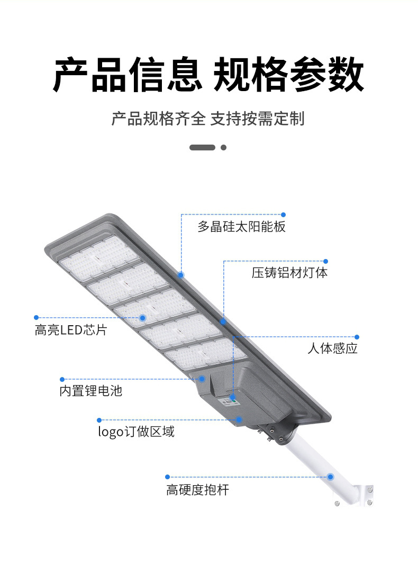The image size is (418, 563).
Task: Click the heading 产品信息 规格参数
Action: (208, 74)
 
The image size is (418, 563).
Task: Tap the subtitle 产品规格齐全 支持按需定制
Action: (208, 118)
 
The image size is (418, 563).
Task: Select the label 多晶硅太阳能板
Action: (241, 227)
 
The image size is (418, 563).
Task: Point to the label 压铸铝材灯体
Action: (289, 273)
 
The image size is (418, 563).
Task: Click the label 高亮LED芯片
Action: (71, 330)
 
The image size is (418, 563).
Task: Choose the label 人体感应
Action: (333, 348)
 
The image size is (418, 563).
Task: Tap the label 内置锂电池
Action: (90, 391)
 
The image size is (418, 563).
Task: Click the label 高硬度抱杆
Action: (197, 490)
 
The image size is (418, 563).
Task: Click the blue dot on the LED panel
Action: (142, 318)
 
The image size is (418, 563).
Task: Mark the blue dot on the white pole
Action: (330, 477)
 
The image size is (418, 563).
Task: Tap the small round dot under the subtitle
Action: (223, 147)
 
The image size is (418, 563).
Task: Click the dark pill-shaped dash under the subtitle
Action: (202, 147)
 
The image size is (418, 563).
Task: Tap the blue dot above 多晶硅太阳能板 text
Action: (283, 215)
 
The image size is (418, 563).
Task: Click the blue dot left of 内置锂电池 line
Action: (62, 379)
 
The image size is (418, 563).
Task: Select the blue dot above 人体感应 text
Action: (357, 337)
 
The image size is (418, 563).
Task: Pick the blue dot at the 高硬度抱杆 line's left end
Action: (168, 477)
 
